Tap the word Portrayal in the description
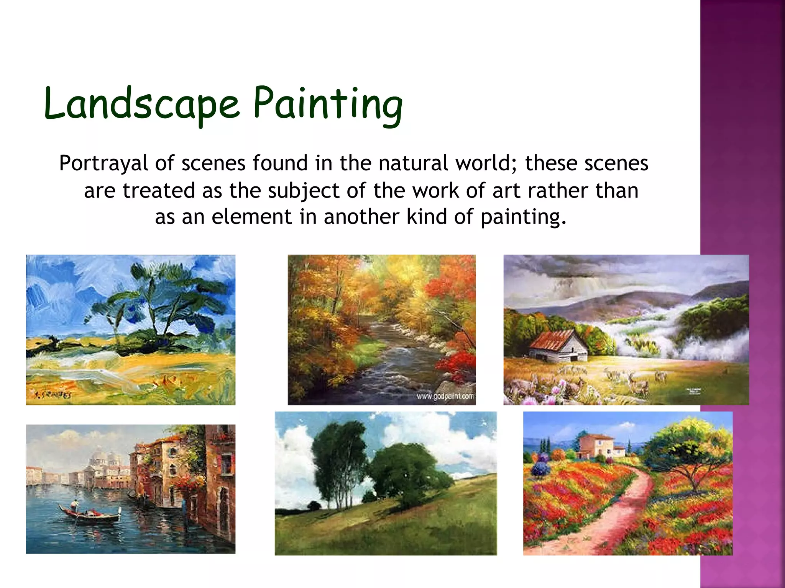pyautogui.click(x=103, y=163)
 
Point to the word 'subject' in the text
pyautogui.click(x=303, y=191)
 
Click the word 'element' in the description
pyautogui.click(x=251, y=217)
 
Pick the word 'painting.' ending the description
pyautogui.click(x=523, y=217)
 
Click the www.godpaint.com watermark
pyautogui.click(x=445, y=397)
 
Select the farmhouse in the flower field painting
pyautogui.click(x=598, y=446)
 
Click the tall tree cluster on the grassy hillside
pyautogui.click(x=337, y=459)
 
